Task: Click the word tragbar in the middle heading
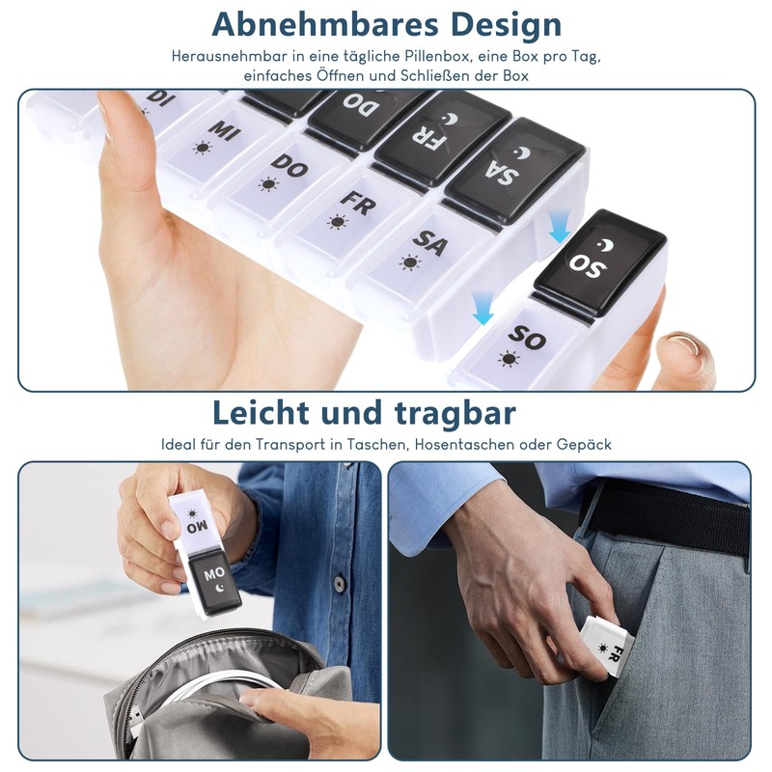pos(455,414)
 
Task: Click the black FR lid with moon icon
pos(442,137)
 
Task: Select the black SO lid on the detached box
pos(599,262)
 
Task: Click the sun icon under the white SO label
pos(510,359)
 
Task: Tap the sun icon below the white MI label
pos(203,148)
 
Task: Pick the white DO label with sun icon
pos(289,165)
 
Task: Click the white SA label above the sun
pos(430,243)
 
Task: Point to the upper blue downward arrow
pos(560,225)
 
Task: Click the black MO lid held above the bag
pos(215,583)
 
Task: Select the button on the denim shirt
pos(339,584)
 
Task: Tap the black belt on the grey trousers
pos(665,518)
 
